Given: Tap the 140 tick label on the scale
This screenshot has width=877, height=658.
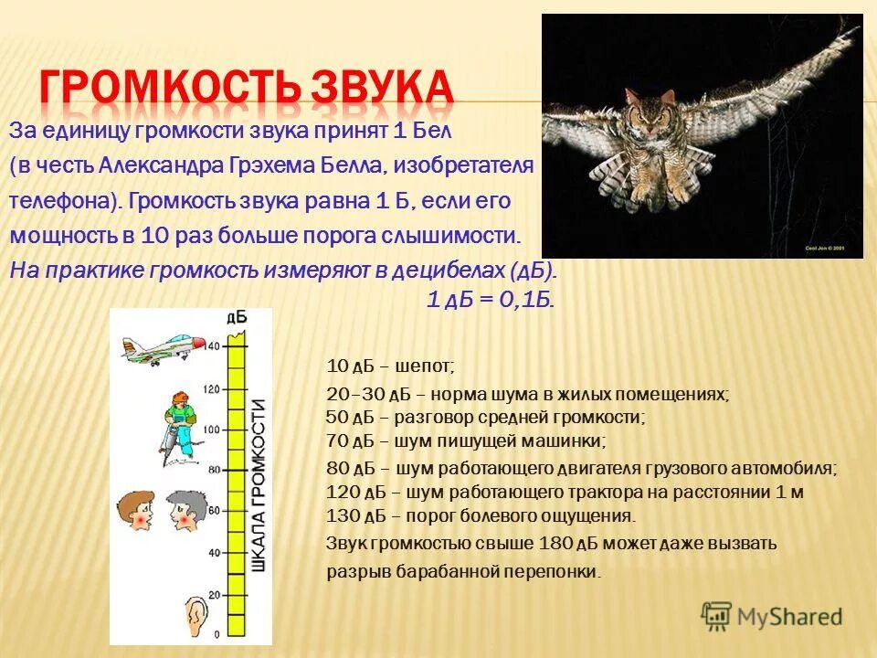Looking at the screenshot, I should pyautogui.click(x=213, y=346).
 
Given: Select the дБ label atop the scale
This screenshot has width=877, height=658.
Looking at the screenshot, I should pyautogui.click(x=235, y=317).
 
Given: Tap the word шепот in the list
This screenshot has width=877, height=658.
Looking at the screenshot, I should pyautogui.click(x=428, y=366).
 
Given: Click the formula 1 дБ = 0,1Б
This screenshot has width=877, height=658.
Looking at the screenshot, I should pyautogui.click(x=491, y=301).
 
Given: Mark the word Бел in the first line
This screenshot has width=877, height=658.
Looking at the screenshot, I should pyautogui.click(x=430, y=130).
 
